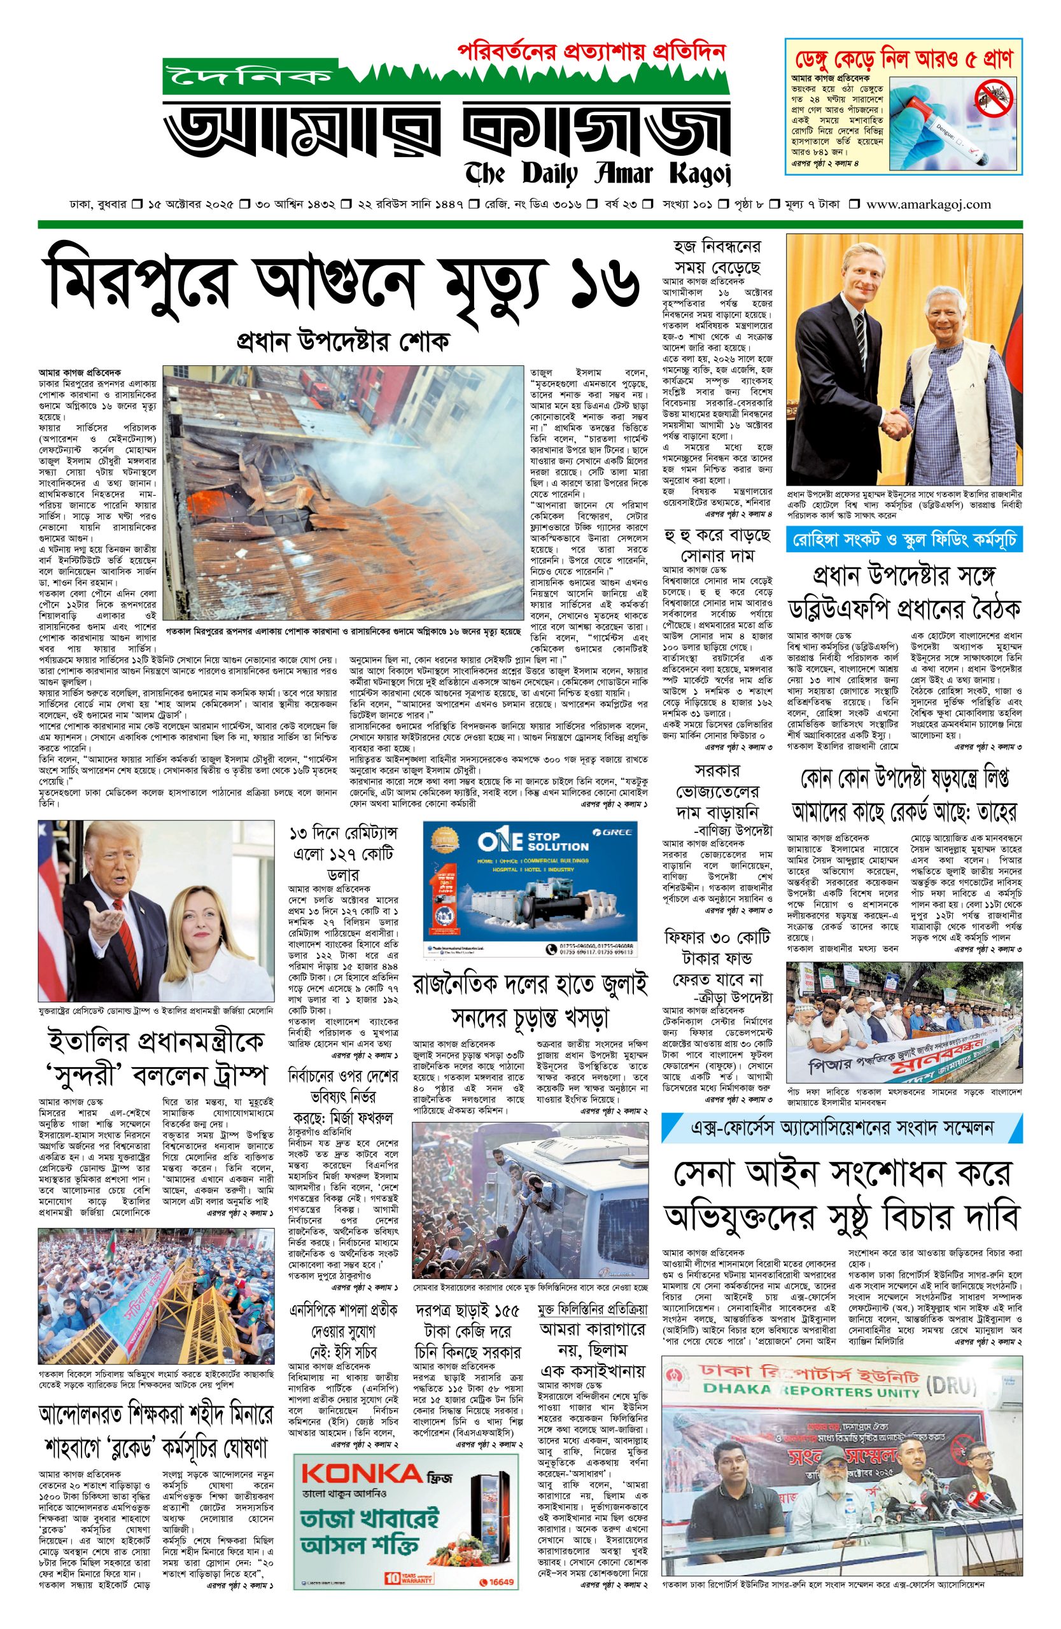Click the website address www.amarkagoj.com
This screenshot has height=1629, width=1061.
click(x=928, y=204)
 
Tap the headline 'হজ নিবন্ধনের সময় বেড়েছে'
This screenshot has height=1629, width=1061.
click(x=717, y=256)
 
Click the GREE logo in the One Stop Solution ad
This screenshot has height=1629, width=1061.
click(x=619, y=832)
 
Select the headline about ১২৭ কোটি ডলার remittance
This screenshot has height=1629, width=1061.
click(x=343, y=853)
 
